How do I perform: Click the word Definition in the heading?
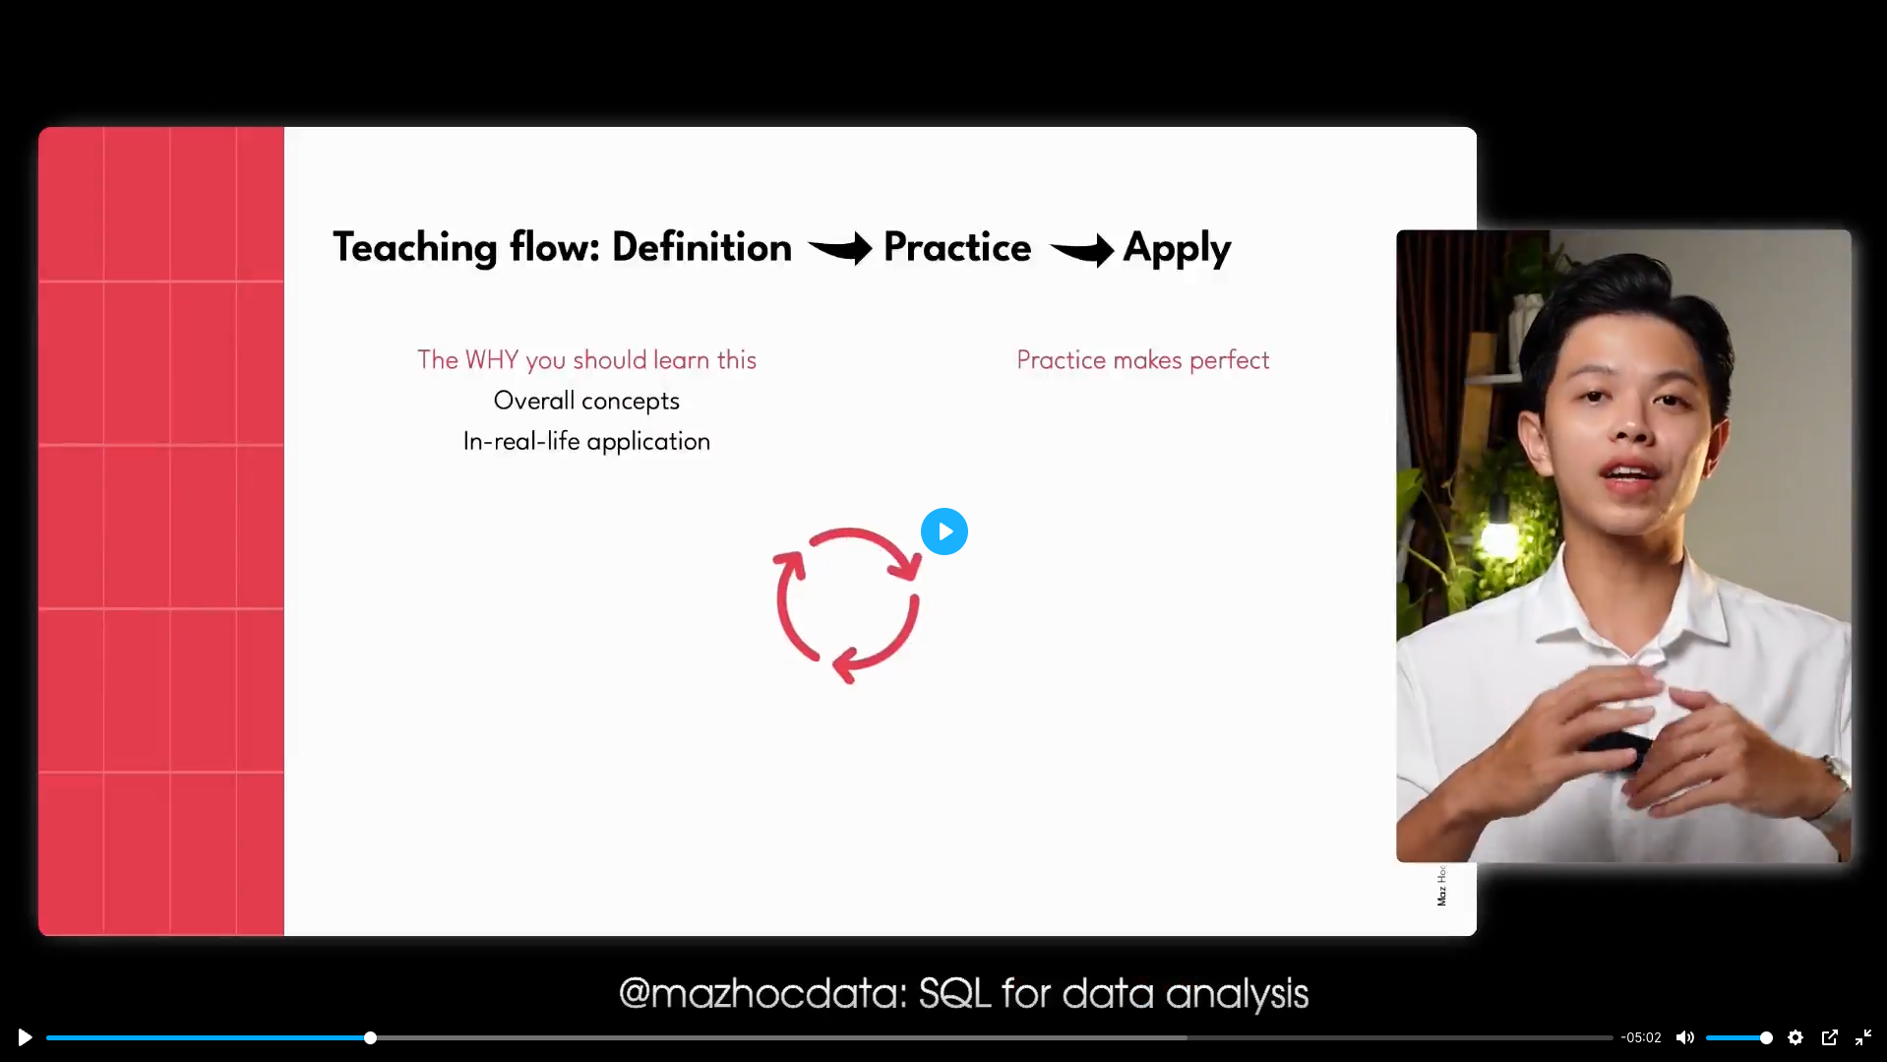click(x=701, y=247)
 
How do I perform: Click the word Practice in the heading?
click(x=957, y=247)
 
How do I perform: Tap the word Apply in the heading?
click(x=1177, y=249)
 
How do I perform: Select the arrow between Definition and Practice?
click(x=839, y=248)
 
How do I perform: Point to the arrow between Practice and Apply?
click(x=1081, y=250)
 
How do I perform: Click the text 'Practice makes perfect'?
click(x=1143, y=360)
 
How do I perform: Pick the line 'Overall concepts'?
click(x=586, y=401)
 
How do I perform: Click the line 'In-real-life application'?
click(x=586, y=441)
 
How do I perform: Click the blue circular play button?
click(x=944, y=531)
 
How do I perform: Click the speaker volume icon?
click(x=1685, y=1037)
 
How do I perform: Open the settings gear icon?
click(x=1796, y=1037)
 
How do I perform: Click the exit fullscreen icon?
click(x=1863, y=1037)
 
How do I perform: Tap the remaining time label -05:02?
click(x=1641, y=1037)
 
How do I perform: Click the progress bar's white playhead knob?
click(x=370, y=1037)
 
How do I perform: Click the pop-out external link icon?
click(x=1830, y=1037)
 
